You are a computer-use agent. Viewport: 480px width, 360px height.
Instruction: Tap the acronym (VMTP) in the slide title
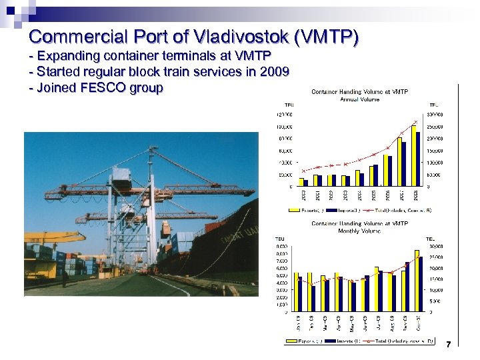(327, 35)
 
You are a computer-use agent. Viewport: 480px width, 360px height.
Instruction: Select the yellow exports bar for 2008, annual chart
(413, 155)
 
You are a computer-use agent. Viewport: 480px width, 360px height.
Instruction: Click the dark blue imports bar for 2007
(403, 163)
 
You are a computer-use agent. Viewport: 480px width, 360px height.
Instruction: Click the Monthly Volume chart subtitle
(359, 231)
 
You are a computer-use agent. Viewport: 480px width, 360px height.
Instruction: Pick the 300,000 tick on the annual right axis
(435, 115)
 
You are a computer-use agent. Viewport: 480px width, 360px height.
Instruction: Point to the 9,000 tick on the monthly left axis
(282, 246)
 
